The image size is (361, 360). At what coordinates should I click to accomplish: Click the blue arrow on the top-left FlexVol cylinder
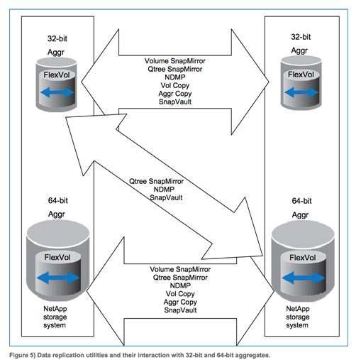[x=57, y=92]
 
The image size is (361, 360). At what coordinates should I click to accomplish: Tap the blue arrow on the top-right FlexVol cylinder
[x=301, y=92]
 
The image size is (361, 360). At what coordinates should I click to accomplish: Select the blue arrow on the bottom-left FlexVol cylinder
[x=58, y=278]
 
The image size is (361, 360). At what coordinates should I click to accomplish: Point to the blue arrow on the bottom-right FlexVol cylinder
[x=304, y=278]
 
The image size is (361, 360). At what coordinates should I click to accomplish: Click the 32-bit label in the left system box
[x=57, y=38]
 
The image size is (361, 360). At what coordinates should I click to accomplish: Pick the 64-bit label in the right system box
[x=301, y=201]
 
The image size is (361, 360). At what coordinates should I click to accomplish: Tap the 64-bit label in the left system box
[x=58, y=200]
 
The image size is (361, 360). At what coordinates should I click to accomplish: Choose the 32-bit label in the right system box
[x=301, y=37]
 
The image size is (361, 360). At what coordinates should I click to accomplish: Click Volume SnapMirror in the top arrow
[x=175, y=61]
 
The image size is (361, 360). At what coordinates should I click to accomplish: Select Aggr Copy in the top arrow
[x=175, y=94]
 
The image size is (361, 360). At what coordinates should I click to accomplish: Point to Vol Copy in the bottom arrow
[x=180, y=294]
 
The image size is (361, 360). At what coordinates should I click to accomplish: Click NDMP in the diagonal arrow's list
[x=164, y=190]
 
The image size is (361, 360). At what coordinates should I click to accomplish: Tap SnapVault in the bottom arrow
[x=180, y=310]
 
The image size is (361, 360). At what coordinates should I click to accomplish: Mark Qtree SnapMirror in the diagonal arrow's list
[x=156, y=181]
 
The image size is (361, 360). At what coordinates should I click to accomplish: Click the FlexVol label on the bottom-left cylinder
[x=57, y=257]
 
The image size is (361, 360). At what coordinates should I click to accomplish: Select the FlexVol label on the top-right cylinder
[x=301, y=75]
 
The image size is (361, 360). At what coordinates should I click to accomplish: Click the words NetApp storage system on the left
[x=55, y=317]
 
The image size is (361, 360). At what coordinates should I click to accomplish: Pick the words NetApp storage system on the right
[x=298, y=317]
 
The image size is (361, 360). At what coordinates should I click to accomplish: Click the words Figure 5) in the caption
[x=22, y=355]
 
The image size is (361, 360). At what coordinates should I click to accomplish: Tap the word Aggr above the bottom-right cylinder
[x=300, y=215]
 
